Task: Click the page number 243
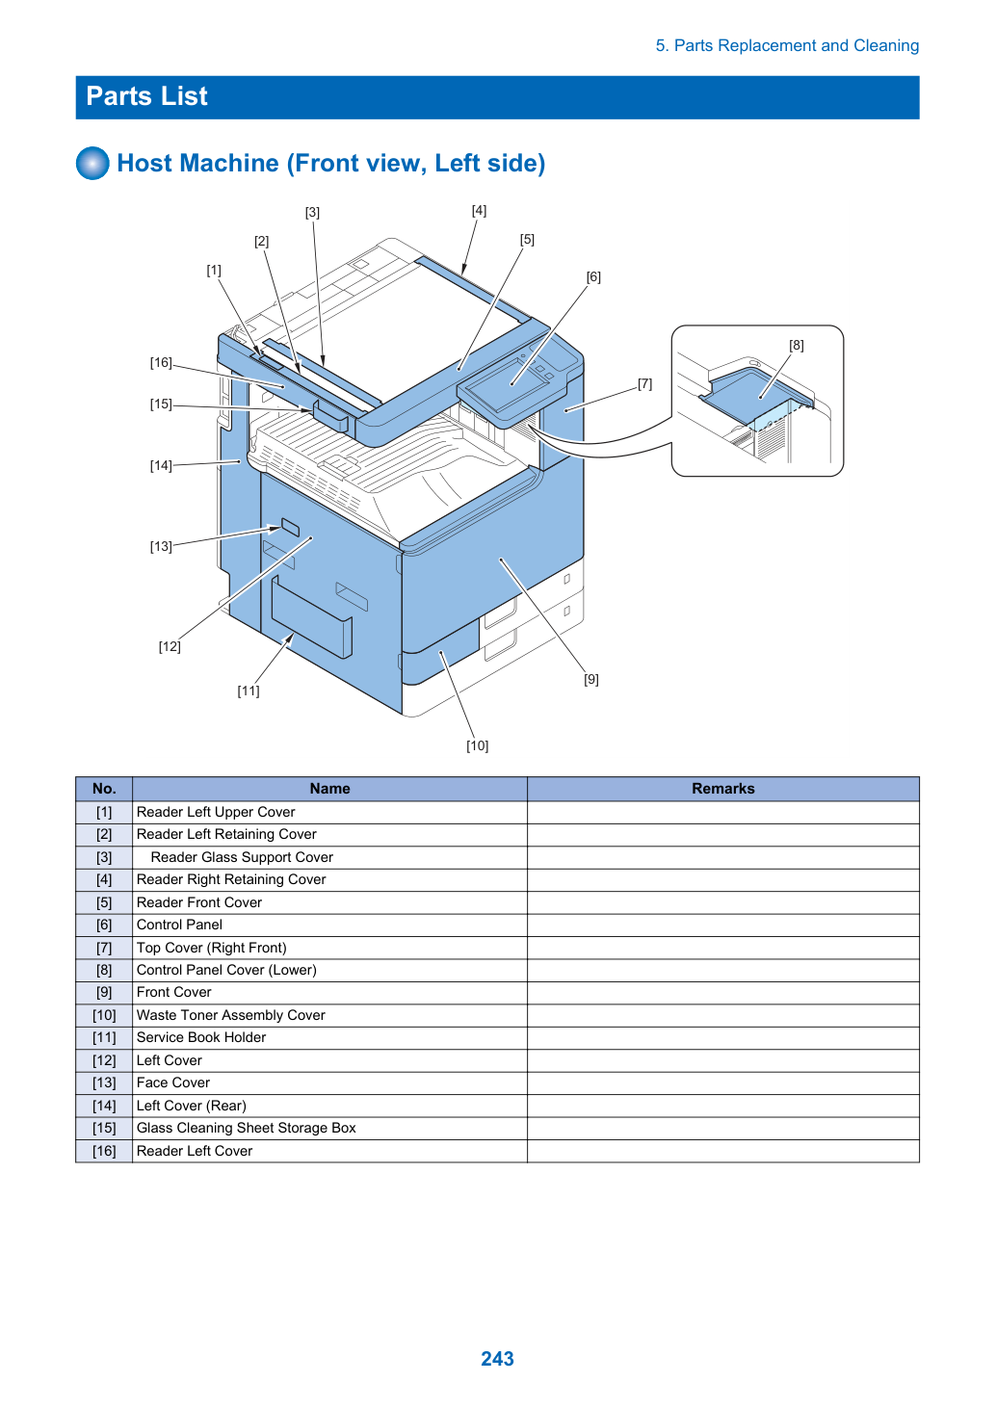497,1358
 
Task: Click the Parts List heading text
146,96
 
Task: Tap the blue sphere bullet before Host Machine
92,163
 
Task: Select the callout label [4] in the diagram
479,211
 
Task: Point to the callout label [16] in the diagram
161,363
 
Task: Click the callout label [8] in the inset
796,345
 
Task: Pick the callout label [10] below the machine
477,745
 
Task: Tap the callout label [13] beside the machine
161,546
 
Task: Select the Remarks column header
723,788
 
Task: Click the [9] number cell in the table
104,993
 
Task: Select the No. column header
104,788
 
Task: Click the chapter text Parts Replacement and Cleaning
796,45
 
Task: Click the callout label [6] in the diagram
593,277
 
